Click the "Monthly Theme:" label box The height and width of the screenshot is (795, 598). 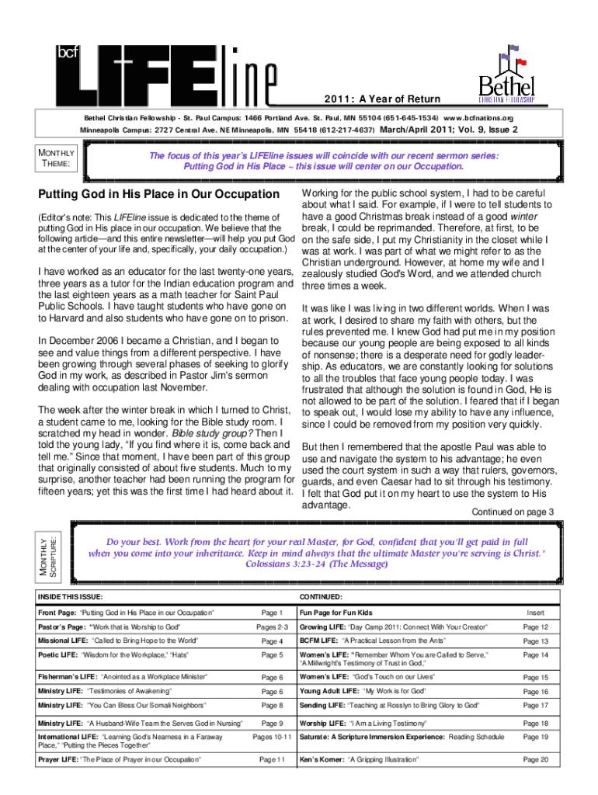(56, 158)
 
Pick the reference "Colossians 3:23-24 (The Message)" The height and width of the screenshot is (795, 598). (317, 565)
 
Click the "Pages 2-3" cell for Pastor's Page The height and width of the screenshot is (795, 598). (272, 627)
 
